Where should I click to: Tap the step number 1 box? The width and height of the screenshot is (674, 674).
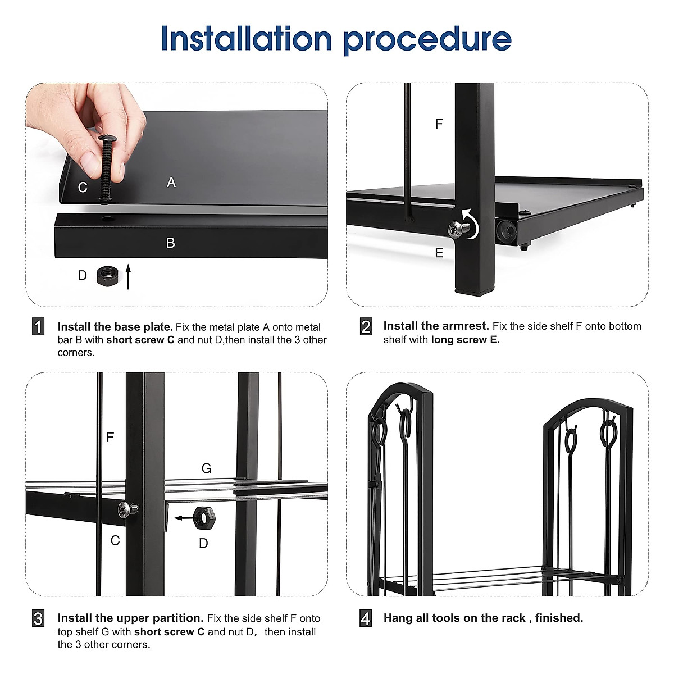pyautogui.click(x=38, y=327)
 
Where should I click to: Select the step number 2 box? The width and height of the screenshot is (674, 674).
pyautogui.click(x=366, y=326)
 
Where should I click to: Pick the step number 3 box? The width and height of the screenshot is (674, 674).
pyautogui.click(x=38, y=618)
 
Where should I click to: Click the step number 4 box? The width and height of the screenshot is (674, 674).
pyautogui.click(x=366, y=618)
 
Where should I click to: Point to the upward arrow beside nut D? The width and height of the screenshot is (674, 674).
pyautogui.click(x=128, y=276)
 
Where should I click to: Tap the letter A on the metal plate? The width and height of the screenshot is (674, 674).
pyautogui.click(x=171, y=183)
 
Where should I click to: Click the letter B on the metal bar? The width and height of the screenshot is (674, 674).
pyautogui.click(x=171, y=243)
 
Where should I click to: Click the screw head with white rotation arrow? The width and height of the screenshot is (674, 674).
pyautogui.click(x=458, y=229)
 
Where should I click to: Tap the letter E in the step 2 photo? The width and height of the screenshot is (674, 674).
pyautogui.click(x=439, y=253)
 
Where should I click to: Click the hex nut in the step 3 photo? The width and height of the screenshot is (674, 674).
pyautogui.click(x=202, y=517)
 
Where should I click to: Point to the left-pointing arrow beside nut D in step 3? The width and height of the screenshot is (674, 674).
pyautogui.click(x=181, y=518)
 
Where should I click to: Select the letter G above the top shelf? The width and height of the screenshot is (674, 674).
pyautogui.click(x=206, y=468)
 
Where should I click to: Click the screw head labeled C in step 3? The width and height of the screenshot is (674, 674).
pyautogui.click(x=125, y=510)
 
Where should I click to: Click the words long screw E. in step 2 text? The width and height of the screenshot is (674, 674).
pyautogui.click(x=465, y=340)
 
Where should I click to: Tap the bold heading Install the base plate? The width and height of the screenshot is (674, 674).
pyautogui.click(x=115, y=327)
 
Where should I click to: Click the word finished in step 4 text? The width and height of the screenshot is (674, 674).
pyautogui.click(x=558, y=618)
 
